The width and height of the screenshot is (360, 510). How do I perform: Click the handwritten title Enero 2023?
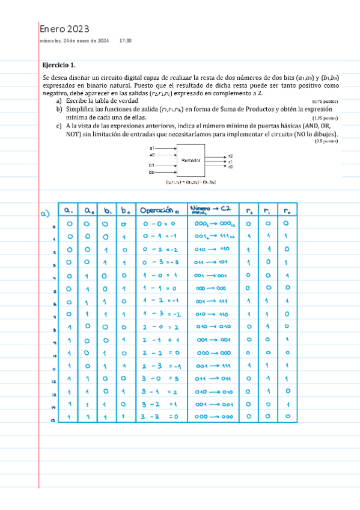click(x=64, y=29)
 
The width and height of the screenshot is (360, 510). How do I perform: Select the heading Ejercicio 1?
click(x=59, y=64)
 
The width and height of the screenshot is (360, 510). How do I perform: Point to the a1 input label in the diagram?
click(x=153, y=147)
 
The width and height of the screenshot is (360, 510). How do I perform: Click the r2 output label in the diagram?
click(x=230, y=156)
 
